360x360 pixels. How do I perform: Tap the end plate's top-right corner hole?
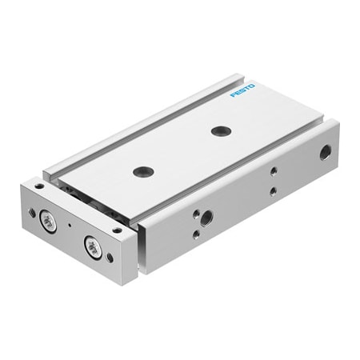coord(118,230)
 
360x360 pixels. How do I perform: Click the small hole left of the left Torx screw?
coord(32,212)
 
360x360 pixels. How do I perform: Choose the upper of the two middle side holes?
coord(273,171)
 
